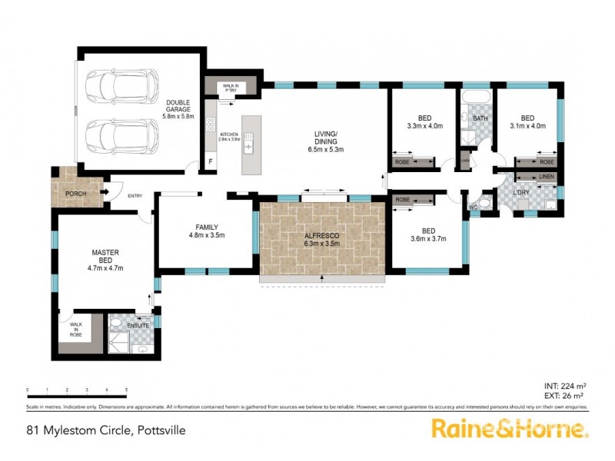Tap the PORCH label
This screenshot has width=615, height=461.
pyautogui.click(x=75, y=194)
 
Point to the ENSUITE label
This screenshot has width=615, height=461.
pyautogui.click(x=139, y=326)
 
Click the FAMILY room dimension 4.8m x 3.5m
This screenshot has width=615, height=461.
pyautogui.click(x=205, y=236)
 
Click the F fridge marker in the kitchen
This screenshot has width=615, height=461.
pyautogui.click(x=211, y=162)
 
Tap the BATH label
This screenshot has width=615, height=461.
pyautogui.click(x=480, y=118)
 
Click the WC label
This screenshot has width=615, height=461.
pyautogui.click(x=474, y=207)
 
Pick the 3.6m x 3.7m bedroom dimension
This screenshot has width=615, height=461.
pyautogui.click(x=429, y=238)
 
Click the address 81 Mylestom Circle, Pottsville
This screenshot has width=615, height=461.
pyautogui.click(x=106, y=431)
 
